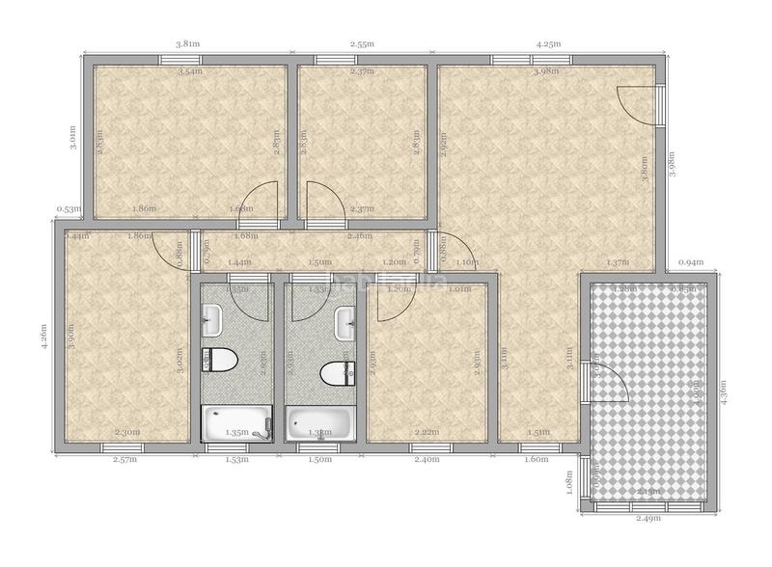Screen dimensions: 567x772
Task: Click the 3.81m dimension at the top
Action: coord(189,43)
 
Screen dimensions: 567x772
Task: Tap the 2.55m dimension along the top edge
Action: coord(363,43)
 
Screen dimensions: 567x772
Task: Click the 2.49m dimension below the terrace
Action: coord(649,520)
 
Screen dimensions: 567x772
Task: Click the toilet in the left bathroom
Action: coord(220,361)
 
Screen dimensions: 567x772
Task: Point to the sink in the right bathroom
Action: coord(345,323)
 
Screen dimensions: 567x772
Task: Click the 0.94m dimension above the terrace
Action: coord(690,262)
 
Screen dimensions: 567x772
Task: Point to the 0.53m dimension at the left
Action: coord(68,208)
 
